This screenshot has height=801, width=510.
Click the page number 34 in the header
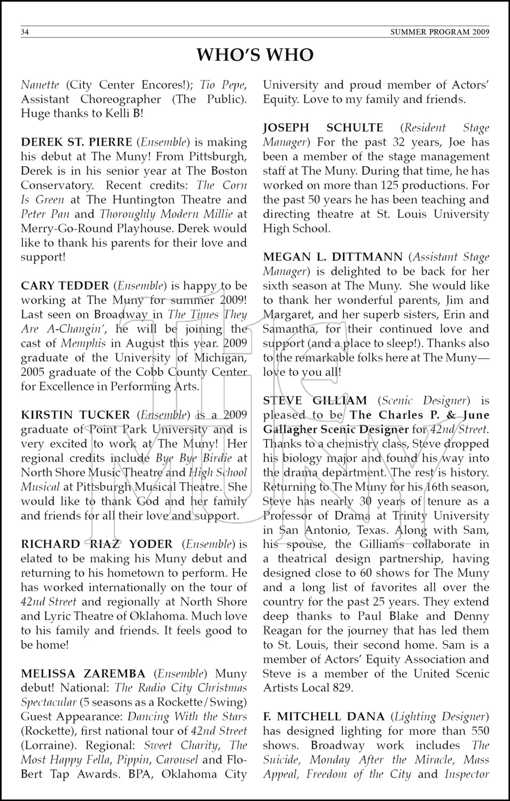tap(25, 32)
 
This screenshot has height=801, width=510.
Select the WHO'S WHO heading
tap(255, 55)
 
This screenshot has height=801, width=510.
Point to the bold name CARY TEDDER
tap(65, 286)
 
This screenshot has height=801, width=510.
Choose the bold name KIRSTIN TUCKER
tap(75, 415)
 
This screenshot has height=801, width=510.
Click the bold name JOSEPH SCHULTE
tap(323, 128)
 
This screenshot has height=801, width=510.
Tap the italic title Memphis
tap(83, 343)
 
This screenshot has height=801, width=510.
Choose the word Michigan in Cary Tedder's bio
tap(220, 358)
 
